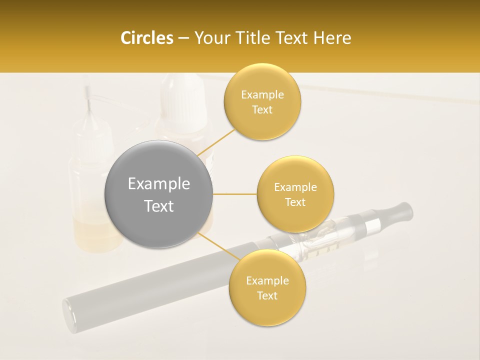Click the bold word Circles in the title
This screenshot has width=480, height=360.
click(147, 38)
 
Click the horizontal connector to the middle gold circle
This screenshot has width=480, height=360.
click(234, 194)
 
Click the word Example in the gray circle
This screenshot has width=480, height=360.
click(158, 184)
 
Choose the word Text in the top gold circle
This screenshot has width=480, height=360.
click(262, 109)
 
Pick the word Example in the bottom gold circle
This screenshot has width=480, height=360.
click(267, 280)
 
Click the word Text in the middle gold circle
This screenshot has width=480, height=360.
click(295, 202)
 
